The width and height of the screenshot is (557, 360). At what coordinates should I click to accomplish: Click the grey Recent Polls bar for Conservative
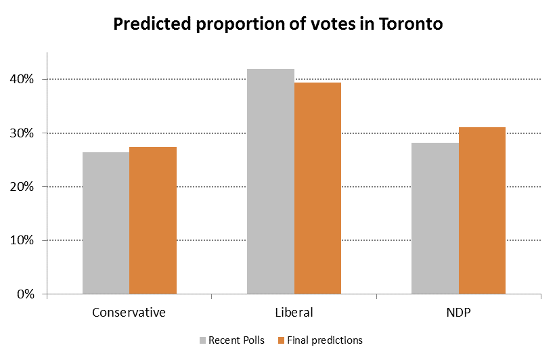point(106,223)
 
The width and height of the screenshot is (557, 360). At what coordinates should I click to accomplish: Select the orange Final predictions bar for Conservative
point(153,221)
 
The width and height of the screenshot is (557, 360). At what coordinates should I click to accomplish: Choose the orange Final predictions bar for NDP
point(482,210)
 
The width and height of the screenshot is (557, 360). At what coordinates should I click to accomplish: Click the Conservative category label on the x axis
point(129,313)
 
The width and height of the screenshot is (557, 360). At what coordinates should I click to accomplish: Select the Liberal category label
point(294,313)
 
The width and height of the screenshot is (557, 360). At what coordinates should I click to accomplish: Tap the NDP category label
point(458,313)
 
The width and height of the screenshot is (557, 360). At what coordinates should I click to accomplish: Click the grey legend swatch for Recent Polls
point(202,340)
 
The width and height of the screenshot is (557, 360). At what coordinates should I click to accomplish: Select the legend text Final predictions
point(325,340)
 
